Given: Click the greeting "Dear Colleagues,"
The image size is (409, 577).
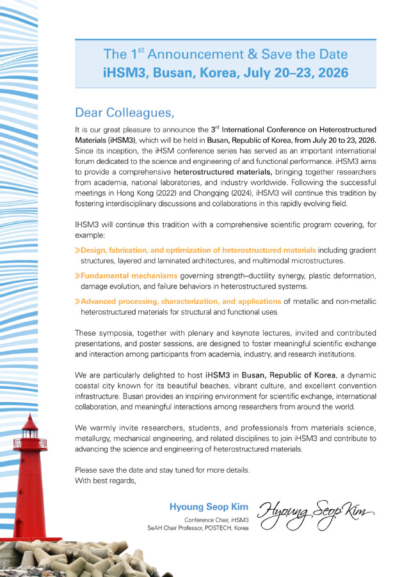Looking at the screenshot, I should tap(125, 113).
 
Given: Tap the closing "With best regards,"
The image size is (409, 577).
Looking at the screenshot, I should tap(105, 481).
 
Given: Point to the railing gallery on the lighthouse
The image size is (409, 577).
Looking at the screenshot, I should tap(34, 443).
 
